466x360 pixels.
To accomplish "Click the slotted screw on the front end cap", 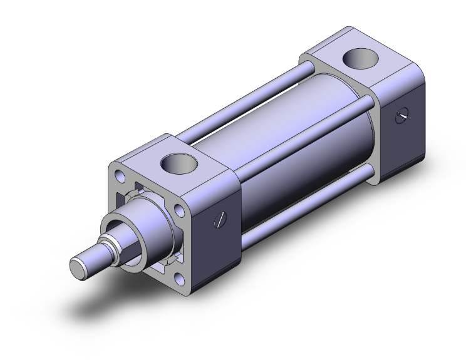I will click(220, 219).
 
